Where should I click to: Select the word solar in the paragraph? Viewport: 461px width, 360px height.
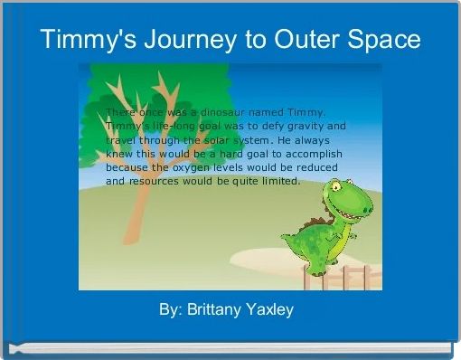tap(209, 142)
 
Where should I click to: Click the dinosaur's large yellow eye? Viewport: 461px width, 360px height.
tap(337, 188)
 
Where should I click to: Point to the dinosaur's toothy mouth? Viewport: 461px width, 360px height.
tap(353, 210)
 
